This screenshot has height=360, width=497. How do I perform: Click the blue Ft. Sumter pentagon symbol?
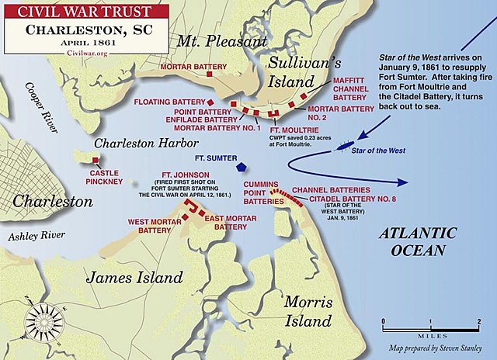[x=243, y=167]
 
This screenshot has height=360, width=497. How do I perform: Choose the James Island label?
[x=134, y=277]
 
